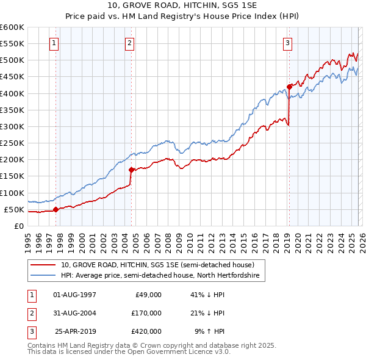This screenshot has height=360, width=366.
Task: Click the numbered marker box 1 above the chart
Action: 55,43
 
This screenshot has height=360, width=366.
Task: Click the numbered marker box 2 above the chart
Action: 131,43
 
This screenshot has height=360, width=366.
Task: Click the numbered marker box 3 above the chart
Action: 287,43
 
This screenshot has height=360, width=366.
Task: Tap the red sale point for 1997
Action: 56,209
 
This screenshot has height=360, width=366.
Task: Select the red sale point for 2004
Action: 131,170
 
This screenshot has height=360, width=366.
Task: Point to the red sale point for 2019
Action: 289,87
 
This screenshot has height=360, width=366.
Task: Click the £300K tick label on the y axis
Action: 12,126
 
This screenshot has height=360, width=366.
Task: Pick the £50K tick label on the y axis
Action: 15,209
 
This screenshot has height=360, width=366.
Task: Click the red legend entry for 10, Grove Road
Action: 162,265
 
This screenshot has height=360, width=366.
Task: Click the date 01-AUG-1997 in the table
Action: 74,295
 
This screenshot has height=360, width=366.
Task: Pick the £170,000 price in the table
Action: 146,313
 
